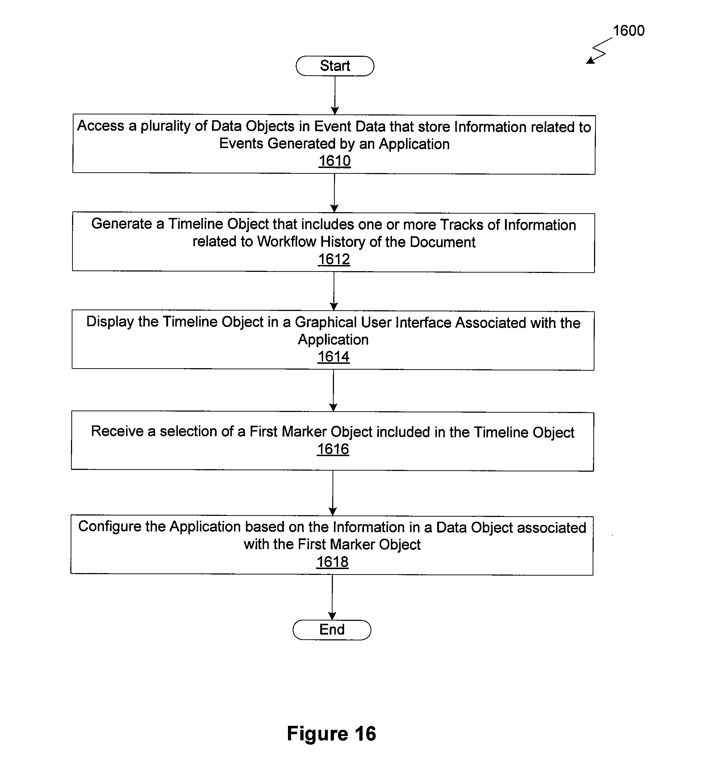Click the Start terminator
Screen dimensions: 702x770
pyautogui.click(x=335, y=66)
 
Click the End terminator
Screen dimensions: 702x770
pyautogui.click(x=332, y=630)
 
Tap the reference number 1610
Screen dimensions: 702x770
pyautogui.click(x=335, y=161)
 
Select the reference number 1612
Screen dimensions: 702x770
pyautogui.click(x=334, y=259)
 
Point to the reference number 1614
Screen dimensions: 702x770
pyautogui.click(x=334, y=357)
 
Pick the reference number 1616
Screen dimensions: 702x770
pyautogui.click(x=333, y=449)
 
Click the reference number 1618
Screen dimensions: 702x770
pyautogui.click(x=333, y=562)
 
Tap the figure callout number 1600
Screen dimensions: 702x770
pyautogui.click(x=628, y=30)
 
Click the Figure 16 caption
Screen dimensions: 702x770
pyautogui.click(x=331, y=734)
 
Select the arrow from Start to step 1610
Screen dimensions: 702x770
pyautogui.click(x=335, y=95)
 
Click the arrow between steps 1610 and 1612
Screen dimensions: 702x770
pyautogui.click(x=334, y=193)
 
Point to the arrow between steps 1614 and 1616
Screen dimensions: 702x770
pyautogui.click(x=333, y=391)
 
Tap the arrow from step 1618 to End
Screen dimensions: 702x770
pyautogui.click(x=332, y=597)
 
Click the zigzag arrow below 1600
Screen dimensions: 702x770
pyautogui.click(x=599, y=50)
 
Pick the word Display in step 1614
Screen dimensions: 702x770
pyautogui.click(x=110, y=322)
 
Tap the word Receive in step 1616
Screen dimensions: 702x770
pyautogui.click(x=117, y=431)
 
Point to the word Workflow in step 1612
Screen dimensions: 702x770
pyautogui.click(x=286, y=242)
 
